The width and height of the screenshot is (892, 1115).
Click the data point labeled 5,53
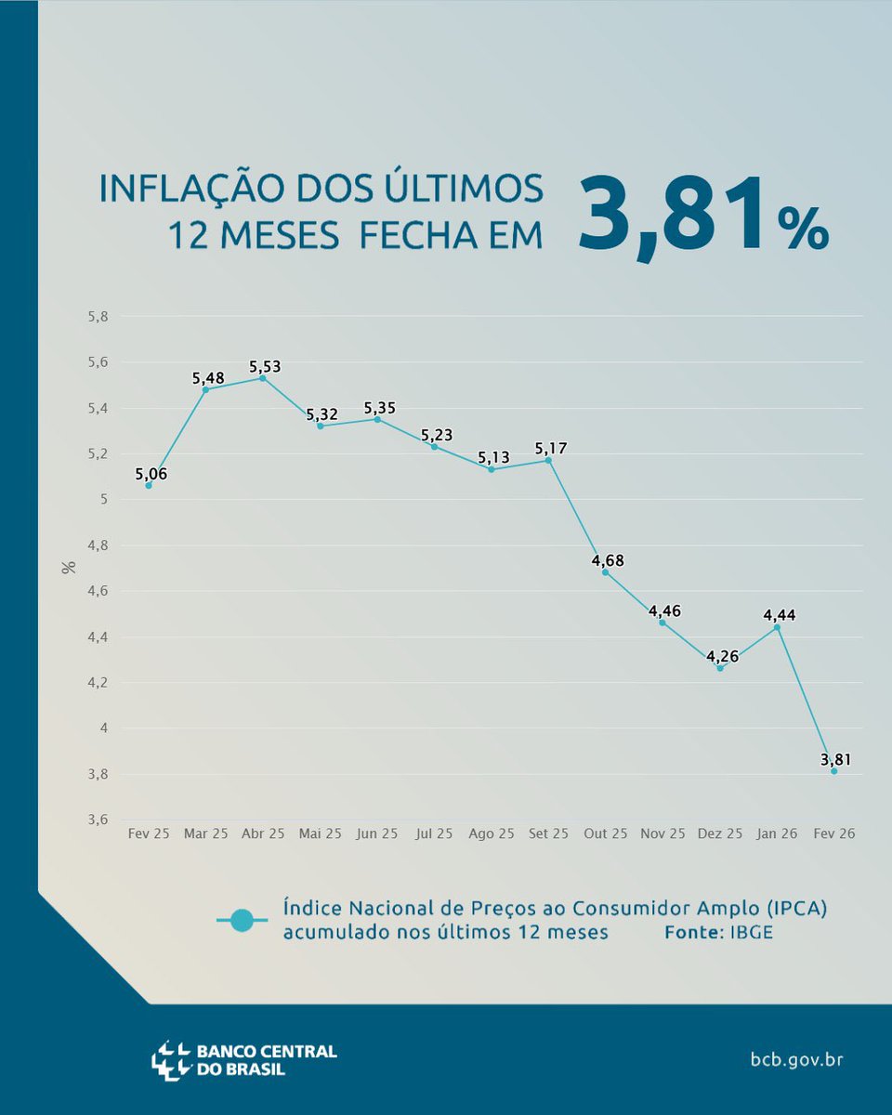(263, 378)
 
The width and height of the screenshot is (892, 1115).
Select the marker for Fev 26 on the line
(834, 771)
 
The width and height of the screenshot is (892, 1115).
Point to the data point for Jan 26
(777, 627)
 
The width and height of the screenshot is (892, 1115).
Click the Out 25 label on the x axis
(606, 834)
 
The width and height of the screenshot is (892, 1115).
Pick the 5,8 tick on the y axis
(98, 316)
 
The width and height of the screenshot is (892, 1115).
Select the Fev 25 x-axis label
(149, 834)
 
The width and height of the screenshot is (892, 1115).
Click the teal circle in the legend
(242, 920)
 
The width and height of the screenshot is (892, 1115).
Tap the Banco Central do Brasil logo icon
(171, 1060)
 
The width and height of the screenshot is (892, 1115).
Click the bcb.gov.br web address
(796, 1059)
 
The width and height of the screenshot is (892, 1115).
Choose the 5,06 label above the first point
(152, 474)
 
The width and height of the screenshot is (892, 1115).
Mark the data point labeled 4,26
(720, 668)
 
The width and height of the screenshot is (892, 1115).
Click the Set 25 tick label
(548, 834)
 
